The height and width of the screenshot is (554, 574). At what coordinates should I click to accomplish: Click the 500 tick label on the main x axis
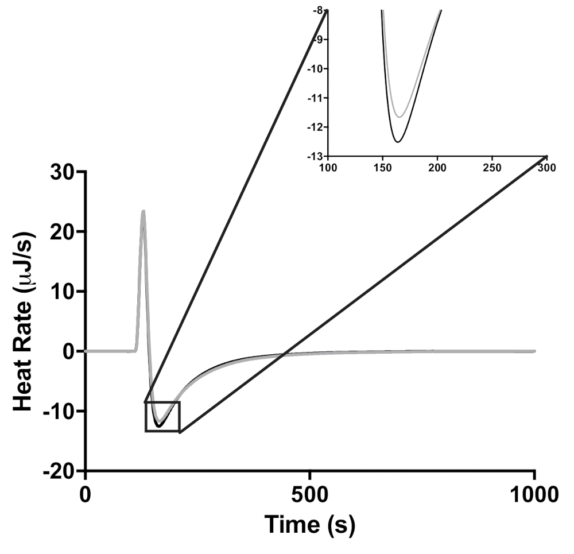pyautogui.click(x=310, y=493)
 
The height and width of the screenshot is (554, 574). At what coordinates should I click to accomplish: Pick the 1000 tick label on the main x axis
pyautogui.click(x=534, y=493)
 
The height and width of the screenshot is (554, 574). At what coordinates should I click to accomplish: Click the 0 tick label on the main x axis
pyautogui.click(x=86, y=493)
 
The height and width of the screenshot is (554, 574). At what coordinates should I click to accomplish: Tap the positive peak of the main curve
pyautogui.click(x=143, y=211)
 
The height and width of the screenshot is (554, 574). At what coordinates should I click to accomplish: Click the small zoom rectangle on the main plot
pyautogui.click(x=162, y=416)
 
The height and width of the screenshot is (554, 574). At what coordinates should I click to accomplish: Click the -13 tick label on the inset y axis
pyautogui.click(x=316, y=156)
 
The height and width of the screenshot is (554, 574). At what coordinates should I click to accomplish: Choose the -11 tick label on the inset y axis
pyautogui.click(x=316, y=98)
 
